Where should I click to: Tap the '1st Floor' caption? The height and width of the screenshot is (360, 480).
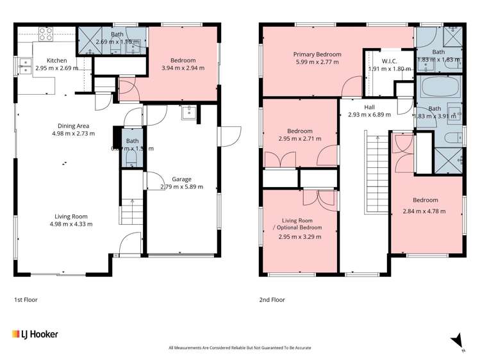pos(25,299)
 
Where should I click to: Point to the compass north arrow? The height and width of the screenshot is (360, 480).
pos(457,340)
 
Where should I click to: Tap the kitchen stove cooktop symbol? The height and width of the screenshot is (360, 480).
pos(46,35)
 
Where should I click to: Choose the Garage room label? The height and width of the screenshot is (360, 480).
pos(181,179)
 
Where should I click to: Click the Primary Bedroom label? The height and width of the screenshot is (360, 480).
pos(317,54)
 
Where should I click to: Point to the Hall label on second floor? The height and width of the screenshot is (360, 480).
pos(369,107)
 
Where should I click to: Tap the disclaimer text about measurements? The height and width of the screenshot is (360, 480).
pos(240,348)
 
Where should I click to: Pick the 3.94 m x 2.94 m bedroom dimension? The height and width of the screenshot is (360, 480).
pos(174,68)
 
